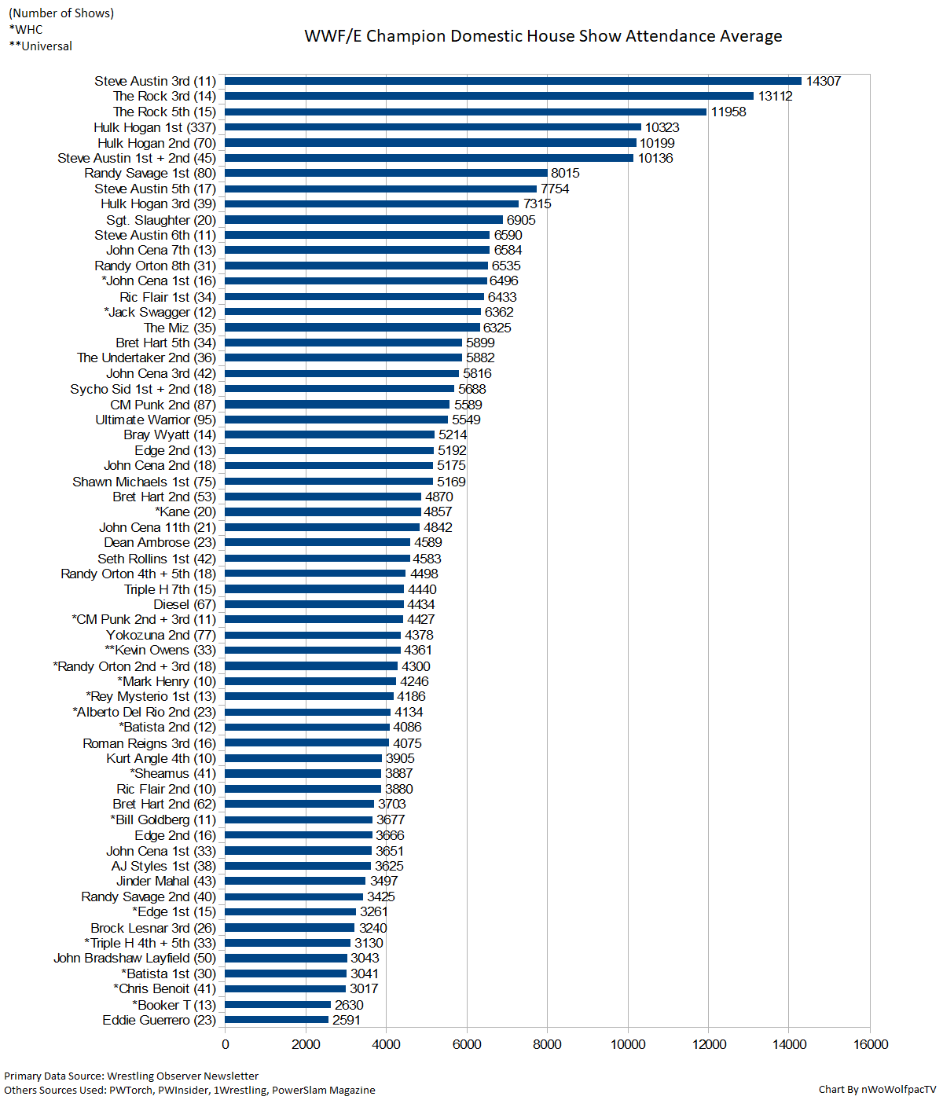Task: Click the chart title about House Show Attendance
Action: coord(543,36)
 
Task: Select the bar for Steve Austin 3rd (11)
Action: coord(513,81)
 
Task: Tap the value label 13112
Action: coord(775,97)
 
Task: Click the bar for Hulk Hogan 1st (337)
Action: coord(433,127)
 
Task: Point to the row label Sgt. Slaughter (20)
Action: coord(161,220)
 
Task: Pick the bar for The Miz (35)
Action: coord(352,328)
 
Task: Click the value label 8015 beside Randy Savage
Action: coord(565,173)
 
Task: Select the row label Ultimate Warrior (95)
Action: coord(156,420)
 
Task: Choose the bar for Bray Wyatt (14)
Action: coord(330,434)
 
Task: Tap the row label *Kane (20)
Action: coord(185,511)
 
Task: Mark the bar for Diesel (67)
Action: coord(314,604)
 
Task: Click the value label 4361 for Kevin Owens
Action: coord(418,650)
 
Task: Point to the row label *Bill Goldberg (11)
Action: coord(163,819)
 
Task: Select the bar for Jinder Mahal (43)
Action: coord(295,881)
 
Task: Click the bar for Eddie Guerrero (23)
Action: coord(277,1020)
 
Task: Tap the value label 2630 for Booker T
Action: coord(349,1005)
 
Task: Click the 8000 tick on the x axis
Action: coord(547,1044)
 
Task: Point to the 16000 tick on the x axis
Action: coord(871,1044)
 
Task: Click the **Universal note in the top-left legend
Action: coord(41,46)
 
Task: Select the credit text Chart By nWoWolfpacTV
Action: coord(877,1089)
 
